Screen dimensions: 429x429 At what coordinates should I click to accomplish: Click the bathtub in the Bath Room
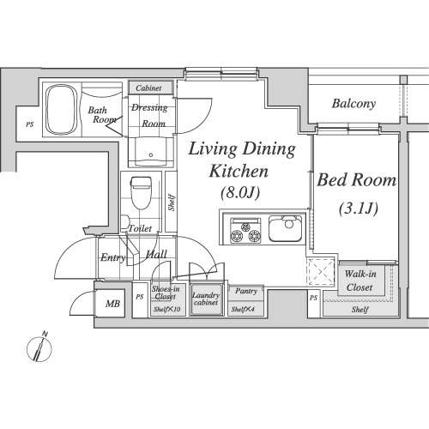point(61,110)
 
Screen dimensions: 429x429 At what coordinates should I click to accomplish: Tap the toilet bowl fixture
point(141,193)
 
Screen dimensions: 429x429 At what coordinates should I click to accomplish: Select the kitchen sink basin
point(285,228)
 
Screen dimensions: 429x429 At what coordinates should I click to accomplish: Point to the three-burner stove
point(245,231)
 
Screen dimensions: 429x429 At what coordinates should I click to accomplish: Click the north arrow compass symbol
point(39,347)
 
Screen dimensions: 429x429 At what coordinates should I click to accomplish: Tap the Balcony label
point(353,104)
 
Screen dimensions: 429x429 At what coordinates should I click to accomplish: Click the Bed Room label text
point(357,180)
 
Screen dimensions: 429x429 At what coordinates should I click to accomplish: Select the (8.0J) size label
point(240,192)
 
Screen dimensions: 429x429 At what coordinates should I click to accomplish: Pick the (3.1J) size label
point(359,208)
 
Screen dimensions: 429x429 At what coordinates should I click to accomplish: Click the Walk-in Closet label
point(360,281)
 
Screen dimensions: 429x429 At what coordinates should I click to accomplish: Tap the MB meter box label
point(112,304)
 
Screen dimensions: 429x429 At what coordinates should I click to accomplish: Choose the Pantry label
point(246,291)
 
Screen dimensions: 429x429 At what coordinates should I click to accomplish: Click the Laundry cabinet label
point(206,299)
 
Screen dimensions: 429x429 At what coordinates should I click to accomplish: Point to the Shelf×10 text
point(166,309)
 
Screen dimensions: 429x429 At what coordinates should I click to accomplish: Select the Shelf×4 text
point(243,309)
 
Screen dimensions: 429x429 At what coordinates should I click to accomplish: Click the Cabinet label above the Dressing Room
point(148,88)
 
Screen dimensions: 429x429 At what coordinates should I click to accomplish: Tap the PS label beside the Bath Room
point(30,124)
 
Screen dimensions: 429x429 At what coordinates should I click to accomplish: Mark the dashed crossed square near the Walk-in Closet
point(321,271)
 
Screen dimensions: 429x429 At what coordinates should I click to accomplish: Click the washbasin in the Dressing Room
point(151,152)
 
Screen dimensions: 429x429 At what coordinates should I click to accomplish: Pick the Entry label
point(113,257)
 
